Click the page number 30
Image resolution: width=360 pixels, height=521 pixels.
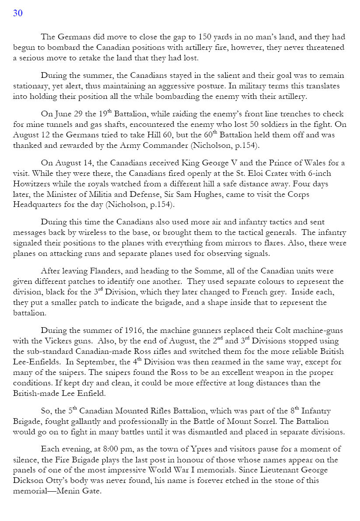(x=18, y=13)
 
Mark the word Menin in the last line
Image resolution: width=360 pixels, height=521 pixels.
(x=68, y=491)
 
